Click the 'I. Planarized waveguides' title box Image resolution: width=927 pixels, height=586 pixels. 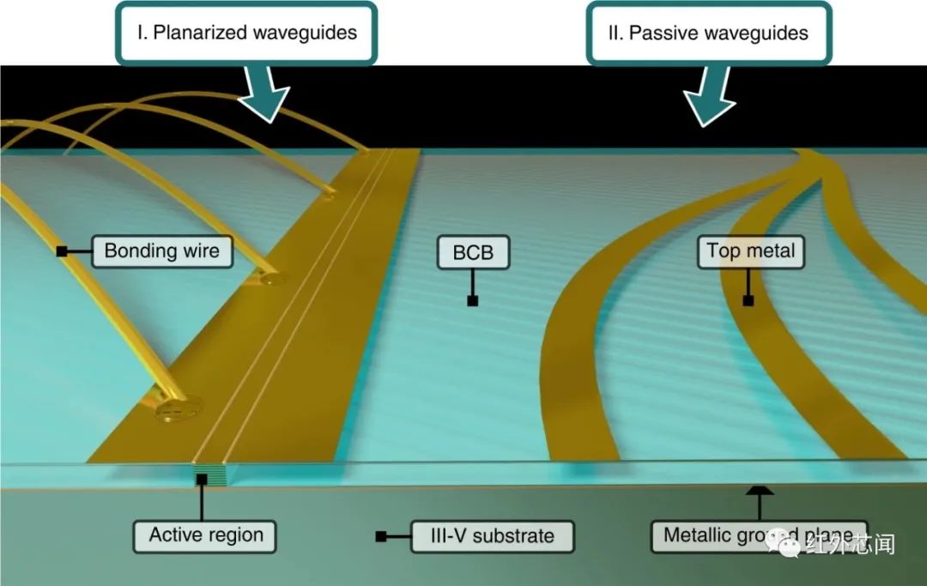pos(246,33)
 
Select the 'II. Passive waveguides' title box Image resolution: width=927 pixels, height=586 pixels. pos(709,33)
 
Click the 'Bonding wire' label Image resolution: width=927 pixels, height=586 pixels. pos(161,251)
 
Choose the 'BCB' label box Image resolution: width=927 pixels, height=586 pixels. pos(472,253)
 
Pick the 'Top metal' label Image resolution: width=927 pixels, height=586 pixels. pos(750,251)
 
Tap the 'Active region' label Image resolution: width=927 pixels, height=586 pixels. pos(206,536)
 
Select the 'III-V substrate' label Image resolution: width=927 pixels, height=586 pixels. pos(492,536)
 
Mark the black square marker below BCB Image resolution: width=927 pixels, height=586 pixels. pos(472,300)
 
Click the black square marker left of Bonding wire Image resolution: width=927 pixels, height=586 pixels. pos(62,251)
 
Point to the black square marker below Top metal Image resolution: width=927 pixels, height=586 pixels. pos(748,300)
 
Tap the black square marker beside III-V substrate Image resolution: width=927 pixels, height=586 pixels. pos(380,536)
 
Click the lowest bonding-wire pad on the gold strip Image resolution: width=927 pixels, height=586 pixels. pos(178,408)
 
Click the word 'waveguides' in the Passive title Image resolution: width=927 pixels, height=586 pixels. pos(760,33)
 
